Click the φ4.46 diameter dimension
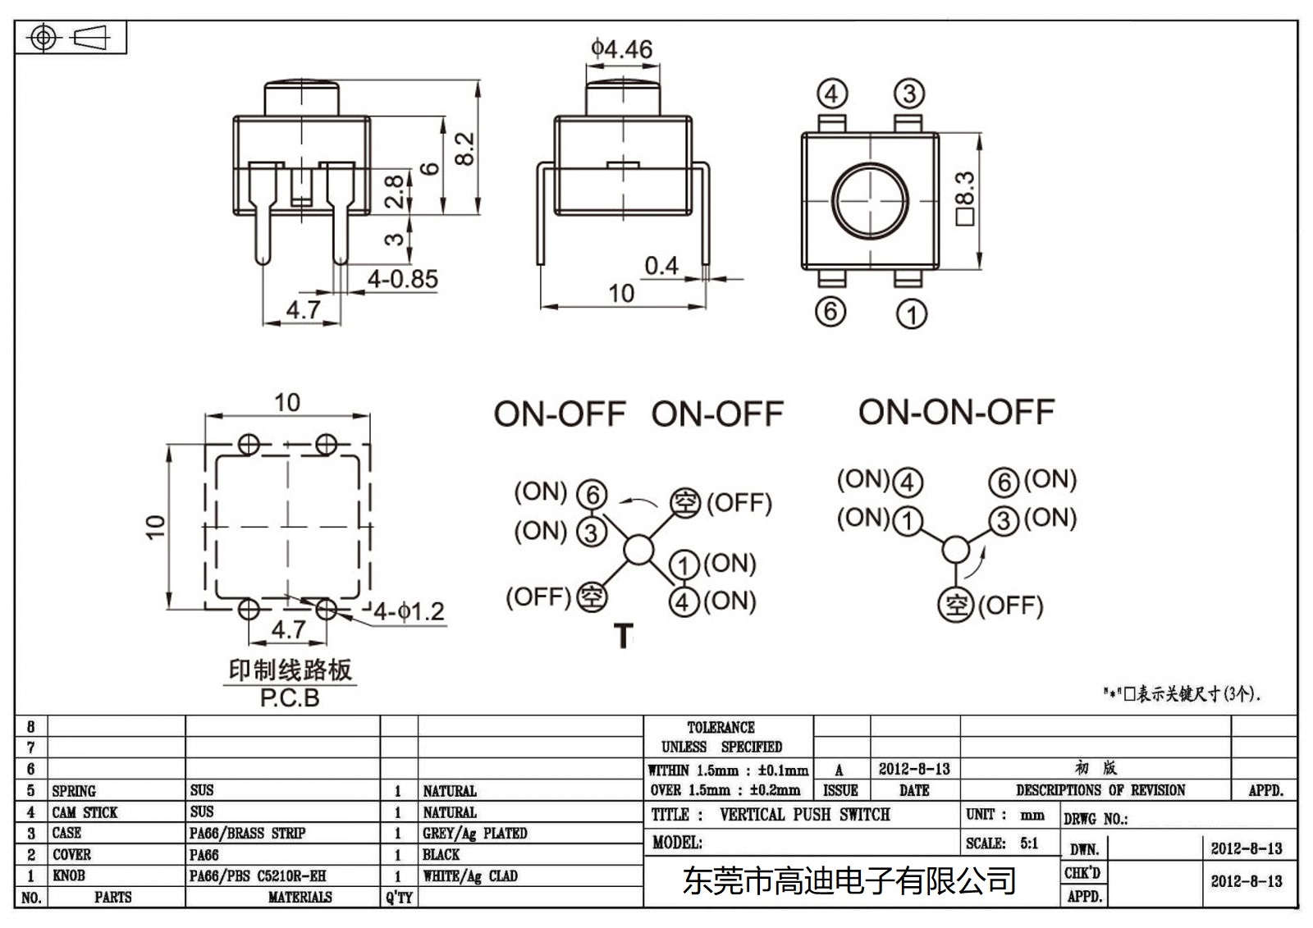point(621,49)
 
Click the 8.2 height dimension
point(464,149)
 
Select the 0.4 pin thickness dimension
point(661,266)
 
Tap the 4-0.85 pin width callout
point(402,279)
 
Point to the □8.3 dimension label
point(965,198)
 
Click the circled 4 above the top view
point(831,94)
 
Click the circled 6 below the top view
point(830,311)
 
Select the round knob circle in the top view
point(870,199)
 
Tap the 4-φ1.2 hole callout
point(409,611)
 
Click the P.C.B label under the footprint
point(290,698)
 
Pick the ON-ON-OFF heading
point(956,412)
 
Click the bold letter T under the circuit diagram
point(624,636)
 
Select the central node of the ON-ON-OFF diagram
point(955,549)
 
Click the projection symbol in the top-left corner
point(71,38)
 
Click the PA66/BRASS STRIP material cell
point(247,833)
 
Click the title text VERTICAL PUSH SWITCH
point(804,815)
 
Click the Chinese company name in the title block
point(849,881)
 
